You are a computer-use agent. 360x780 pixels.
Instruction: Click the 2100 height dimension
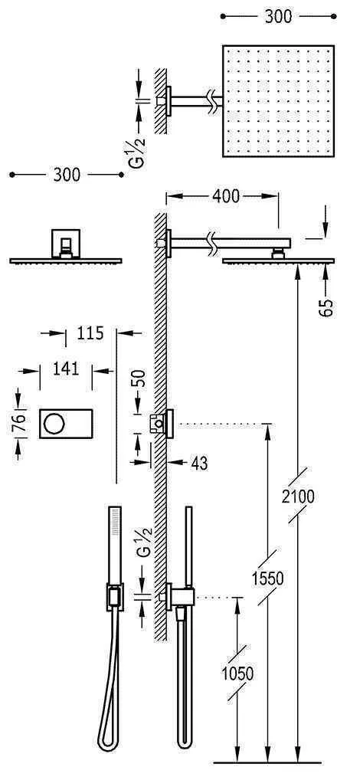(298, 497)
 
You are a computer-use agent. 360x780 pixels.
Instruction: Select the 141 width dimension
(67, 369)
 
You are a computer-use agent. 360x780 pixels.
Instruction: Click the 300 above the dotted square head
(277, 16)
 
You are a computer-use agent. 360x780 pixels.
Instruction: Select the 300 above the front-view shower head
(67, 175)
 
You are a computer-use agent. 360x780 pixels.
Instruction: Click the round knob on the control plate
(56, 422)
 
